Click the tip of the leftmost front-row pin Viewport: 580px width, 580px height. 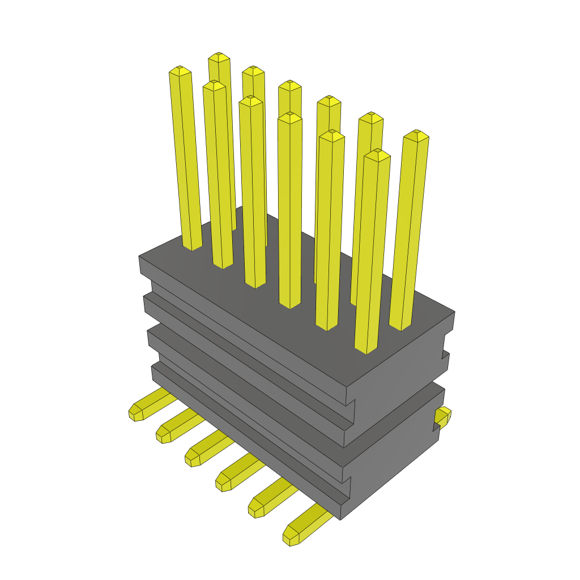click(180, 70)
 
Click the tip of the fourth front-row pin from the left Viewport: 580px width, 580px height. click(290, 117)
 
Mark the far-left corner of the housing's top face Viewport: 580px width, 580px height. click(139, 257)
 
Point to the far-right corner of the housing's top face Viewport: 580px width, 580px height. click(454, 312)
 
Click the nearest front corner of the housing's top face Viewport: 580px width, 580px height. click(347, 389)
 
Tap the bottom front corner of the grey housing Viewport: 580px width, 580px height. click(340, 519)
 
